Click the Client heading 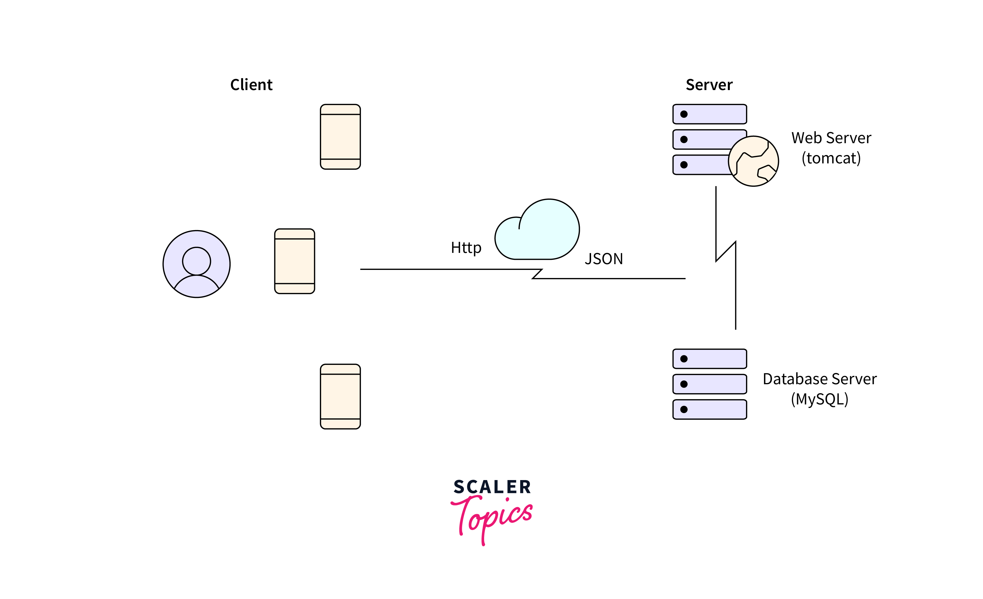pyautogui.click(x=251, y=85)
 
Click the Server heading pyautogui.click(x=709, y=85)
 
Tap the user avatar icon pyautogui.click(x=197, y=264)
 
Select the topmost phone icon pyautogui.click(x=340, y=137)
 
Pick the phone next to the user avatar pyautogui.click(x=295, y=261)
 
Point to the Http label pyautogui.click(x=466, y=248)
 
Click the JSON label pyautogui.click(x=604, y=259)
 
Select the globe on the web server pyautogui.click(x=753, y=161)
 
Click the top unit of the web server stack pyautogui.click(x=709, y=114)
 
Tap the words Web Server pyautogui.click(x=831, y=138)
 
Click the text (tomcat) pyautogui.click(x=831, y=158)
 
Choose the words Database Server pyautogui.click(x=819, y=379)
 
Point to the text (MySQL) pyautogui.click(x=819, y=399)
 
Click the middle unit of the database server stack pyautogui.click(x=709, y=384)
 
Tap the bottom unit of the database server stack pyautogui.click(x=709, y=409)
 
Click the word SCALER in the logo pyautogui.click(x=492, y=487)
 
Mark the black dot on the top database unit pyautogui.click(x=684, y=359)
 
